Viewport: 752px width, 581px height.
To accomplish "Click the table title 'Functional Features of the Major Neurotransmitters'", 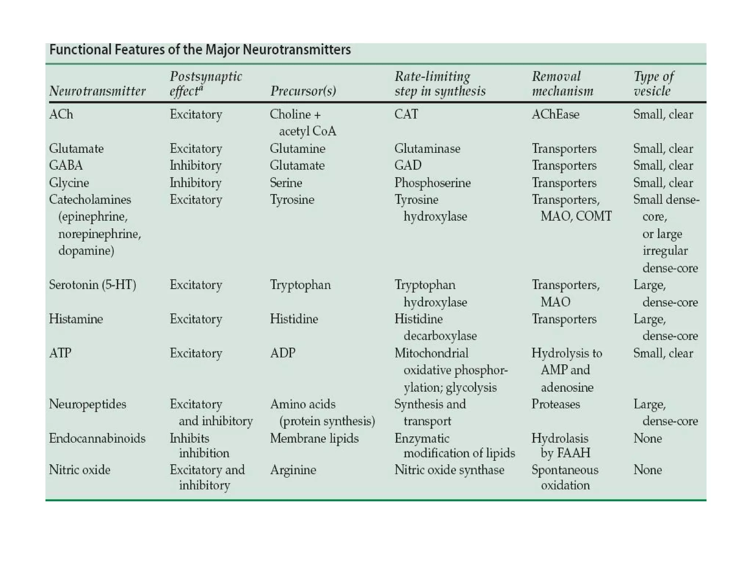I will click(200, 50).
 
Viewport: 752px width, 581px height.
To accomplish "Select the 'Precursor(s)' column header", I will click(303, 91).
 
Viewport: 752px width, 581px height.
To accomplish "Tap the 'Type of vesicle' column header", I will click(654, 83).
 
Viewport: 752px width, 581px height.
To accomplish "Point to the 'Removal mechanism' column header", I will click(562, 83).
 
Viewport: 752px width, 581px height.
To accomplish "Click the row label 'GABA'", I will click(66, 165).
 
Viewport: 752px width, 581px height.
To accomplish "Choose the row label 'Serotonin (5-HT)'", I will click(93, 285).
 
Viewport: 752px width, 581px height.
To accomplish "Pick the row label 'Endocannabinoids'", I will click(97, 438).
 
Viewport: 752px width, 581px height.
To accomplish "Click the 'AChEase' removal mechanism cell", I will click(555, 114).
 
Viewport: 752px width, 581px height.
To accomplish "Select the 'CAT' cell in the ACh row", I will click(406, 114).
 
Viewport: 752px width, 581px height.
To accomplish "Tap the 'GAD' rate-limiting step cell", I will click(408, 165).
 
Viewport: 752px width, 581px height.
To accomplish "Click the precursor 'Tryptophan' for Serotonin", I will click(300, 285).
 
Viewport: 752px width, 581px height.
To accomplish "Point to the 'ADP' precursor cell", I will click(282, 353).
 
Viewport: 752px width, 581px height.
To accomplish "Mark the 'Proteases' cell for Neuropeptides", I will click(556, 404).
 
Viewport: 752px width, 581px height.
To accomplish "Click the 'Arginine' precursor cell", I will click(293, 470).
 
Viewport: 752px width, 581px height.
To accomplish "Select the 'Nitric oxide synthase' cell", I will click(449, 470).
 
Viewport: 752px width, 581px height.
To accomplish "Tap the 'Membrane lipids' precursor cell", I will click(314, 438).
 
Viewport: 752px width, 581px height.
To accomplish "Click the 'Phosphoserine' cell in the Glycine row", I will click(432, 183).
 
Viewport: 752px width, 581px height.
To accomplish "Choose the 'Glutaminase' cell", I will click(427, 148).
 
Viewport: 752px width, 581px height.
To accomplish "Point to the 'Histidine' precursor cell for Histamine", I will click(294, 319).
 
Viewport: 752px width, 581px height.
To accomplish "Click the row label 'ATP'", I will click(60, 353).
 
